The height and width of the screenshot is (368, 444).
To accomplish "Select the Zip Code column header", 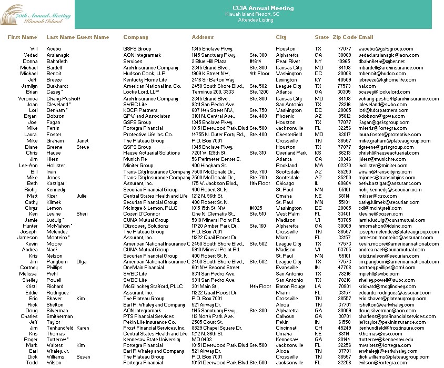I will point(344,37).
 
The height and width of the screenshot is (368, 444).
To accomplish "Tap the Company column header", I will point(135,37).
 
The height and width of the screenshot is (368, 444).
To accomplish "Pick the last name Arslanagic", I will point(58,55).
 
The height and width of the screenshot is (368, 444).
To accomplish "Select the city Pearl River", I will point(288,62).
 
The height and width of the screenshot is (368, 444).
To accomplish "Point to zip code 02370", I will point(344,165).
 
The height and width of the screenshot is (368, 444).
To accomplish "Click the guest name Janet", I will point(82,141).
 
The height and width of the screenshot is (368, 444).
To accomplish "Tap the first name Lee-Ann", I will point(28,165).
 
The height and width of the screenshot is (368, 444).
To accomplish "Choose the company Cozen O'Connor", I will point(143,214).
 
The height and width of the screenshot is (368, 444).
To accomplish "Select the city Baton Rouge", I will point(290,287).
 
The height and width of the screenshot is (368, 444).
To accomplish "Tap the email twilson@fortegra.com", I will point(382,363).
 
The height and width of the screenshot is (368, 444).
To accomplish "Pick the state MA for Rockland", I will point(318,165).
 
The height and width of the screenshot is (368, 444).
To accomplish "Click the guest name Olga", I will point(82,261).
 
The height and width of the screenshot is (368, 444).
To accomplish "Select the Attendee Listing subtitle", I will point(256,20).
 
